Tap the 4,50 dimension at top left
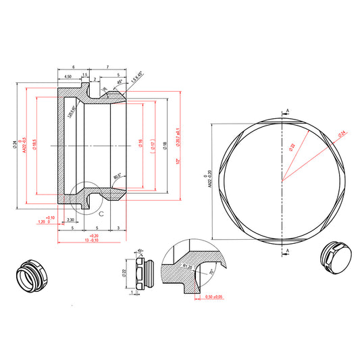[68, 78]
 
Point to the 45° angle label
[120, 82]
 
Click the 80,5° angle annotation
[118, 177]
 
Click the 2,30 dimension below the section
[71, 220]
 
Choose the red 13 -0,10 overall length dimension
[91, 240]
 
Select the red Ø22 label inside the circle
[292, 146]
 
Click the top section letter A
[288, 109]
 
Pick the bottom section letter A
[288, 251]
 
